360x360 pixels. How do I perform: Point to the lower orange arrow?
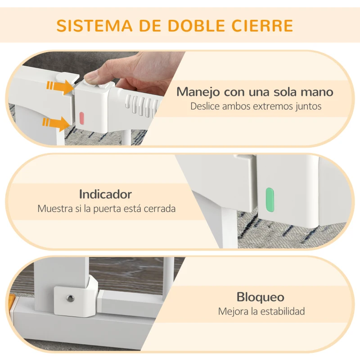tap(56, 123)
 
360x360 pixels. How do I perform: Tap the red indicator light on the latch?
tap(82, 118)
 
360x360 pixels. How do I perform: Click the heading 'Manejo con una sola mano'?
tap(255, 92)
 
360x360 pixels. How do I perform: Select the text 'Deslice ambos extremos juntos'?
tap(256, 107)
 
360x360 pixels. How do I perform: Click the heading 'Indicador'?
tap(105, 194)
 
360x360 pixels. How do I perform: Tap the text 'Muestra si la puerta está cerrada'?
tap(106, 209)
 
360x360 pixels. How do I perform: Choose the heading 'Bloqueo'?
tap(261, 297)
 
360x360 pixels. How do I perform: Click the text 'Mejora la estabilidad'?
tap(261, 311)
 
